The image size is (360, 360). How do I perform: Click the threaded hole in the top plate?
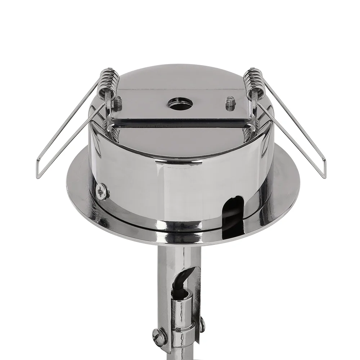pos(180,104)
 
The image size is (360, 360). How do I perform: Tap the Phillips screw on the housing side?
pos(102,190)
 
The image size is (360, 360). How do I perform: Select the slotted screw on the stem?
pos(159,337)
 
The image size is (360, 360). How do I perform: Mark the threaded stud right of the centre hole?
pos(230,104)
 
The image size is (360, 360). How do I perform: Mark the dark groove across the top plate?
pos(180,123)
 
